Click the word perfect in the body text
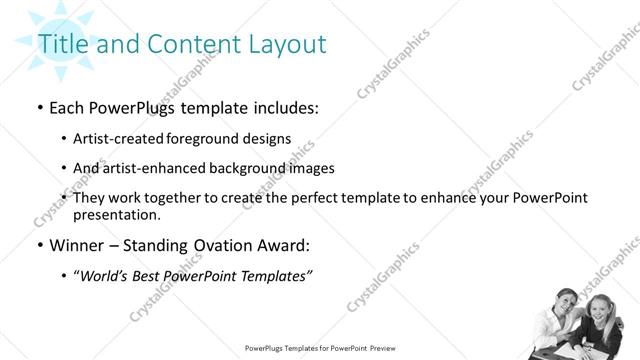tap(329, 198)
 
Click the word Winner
tap(78, 245)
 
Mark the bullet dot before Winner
tap(39, 245)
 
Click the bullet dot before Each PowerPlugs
tap(39, 108)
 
